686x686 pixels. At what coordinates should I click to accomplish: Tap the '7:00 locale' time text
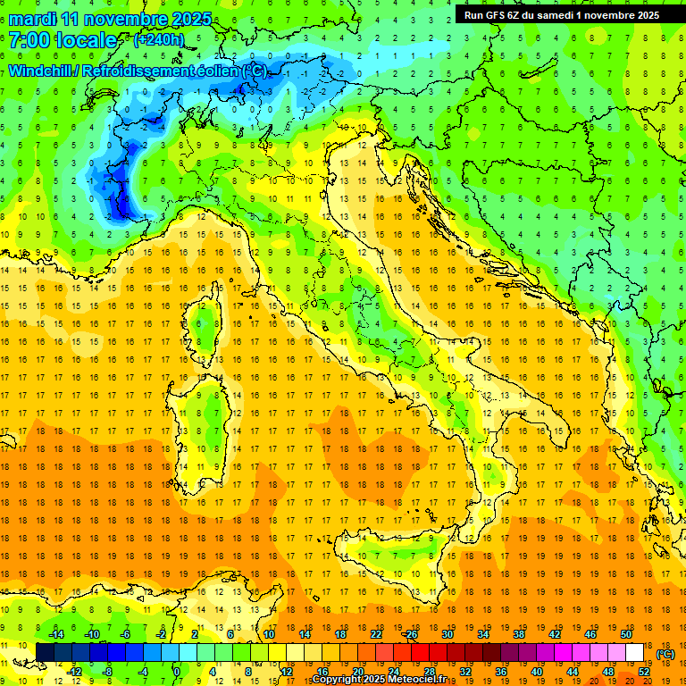coord(63,40)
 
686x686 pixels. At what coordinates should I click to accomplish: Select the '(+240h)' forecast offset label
coord(158,40)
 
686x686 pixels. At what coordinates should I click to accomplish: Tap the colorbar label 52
coord(644,671)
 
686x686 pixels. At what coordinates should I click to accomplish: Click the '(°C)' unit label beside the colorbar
coord(665,654)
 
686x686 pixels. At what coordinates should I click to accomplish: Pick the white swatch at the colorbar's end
coord(635,652)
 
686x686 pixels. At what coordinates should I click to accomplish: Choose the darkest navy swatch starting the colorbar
coord(45,652)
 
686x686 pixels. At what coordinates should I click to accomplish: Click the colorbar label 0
coord(176,671)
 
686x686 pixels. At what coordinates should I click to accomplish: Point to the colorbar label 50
coord(626,633)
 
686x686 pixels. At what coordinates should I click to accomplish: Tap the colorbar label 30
coord(448,633)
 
